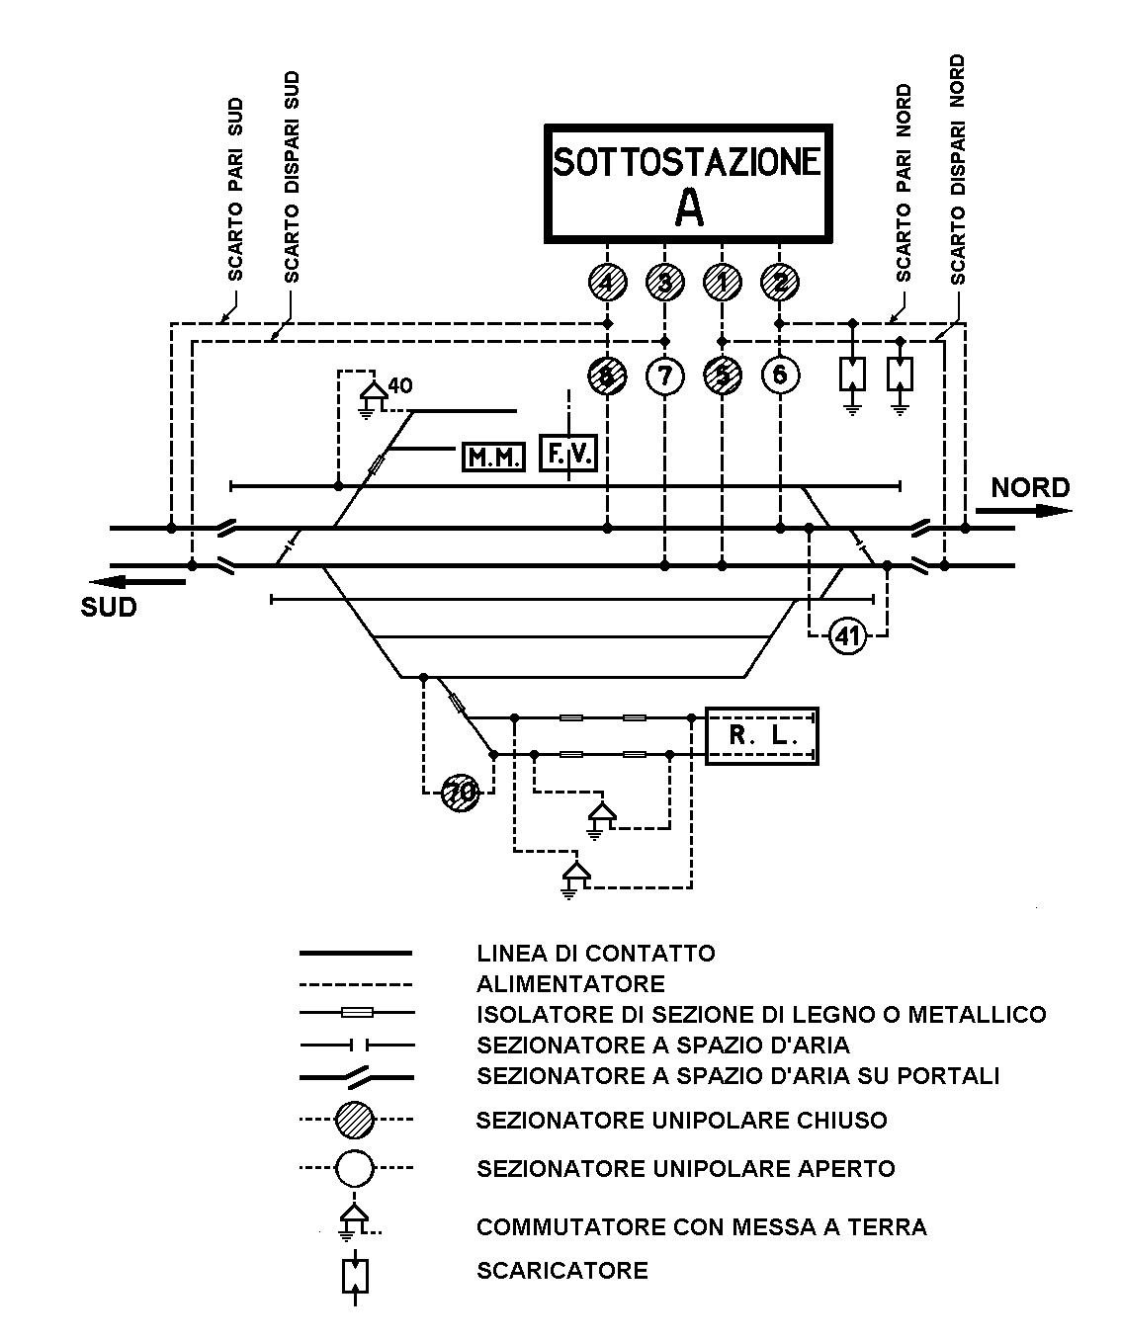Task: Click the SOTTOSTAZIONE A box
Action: pos(687,183)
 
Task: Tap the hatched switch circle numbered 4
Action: pos(607,284)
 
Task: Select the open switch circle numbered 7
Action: pos(664,376)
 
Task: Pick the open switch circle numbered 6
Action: pos(780,376)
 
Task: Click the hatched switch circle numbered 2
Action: pos(780,284)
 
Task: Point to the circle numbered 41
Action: pos(847,636)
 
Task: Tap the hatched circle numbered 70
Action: pos(459,793)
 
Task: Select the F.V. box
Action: pos(568,455)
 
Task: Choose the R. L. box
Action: pos(761,736)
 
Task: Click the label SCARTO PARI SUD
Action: pos(235,202)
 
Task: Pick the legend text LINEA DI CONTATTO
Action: pos(595,954)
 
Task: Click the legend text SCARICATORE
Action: pos(561,1271)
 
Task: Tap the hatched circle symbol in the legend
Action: pos(355,1121)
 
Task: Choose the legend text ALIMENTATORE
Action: pos(570,984)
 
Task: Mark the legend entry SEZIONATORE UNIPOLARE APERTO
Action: pos(685,1169)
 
